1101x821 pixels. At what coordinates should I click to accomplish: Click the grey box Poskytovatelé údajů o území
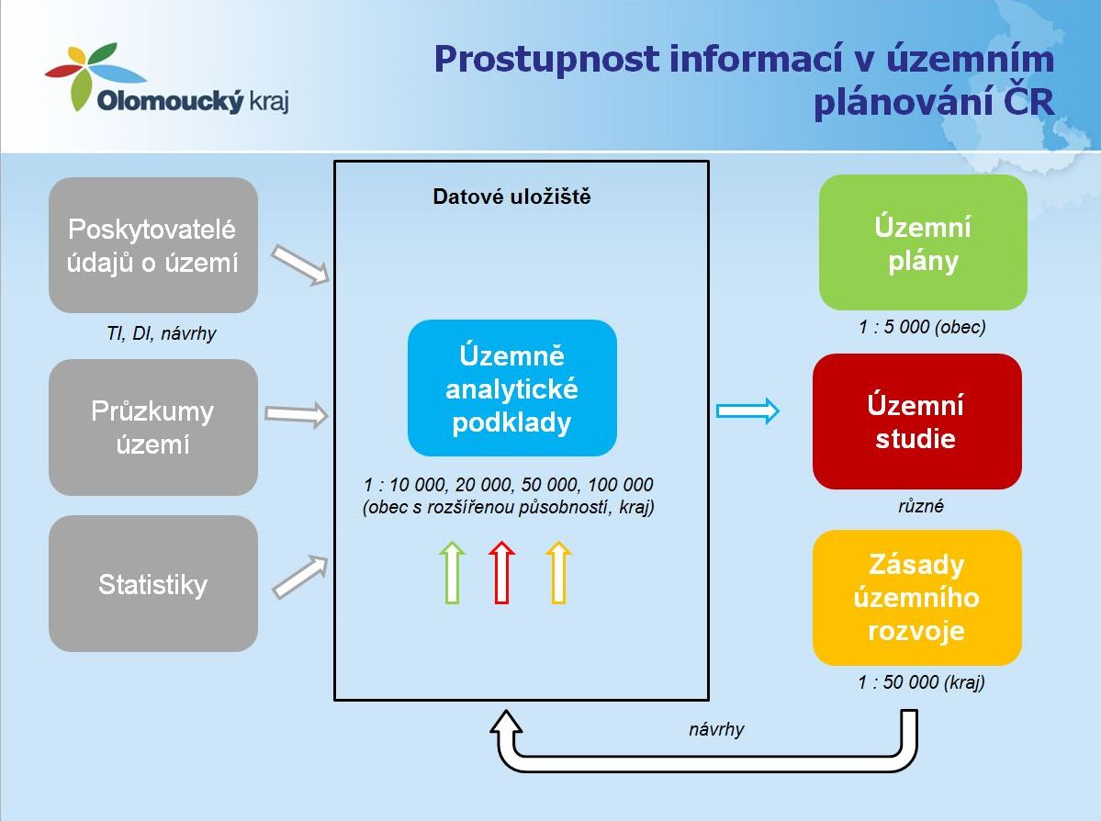[x=153, y=245]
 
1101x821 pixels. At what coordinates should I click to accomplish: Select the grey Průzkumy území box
[x=153, y=427]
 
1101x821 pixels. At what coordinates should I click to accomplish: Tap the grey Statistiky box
[x=153, y=584]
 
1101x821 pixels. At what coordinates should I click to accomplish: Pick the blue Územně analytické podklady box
[x=511, y=388]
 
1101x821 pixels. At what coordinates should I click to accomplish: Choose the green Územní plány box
[x=923, y=243]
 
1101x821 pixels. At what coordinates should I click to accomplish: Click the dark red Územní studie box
[x=916, y=422]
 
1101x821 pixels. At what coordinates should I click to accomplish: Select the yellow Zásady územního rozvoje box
[x=916, y=598]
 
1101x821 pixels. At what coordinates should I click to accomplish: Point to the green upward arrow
[x=452, y=572]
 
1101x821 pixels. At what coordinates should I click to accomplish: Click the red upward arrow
[x=501, y=572]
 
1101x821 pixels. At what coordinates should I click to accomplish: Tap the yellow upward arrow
[x=558, y=572]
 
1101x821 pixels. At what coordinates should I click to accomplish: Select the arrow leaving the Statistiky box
[x=300, y=577]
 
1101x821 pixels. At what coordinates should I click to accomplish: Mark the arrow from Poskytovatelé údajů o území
[x=300, y=264]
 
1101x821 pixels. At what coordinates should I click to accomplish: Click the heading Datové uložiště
[x=511, y=197]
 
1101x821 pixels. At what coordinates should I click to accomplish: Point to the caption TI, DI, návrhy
[x=161, y=333]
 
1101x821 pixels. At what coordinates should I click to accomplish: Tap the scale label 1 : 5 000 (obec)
[x=922, y=327]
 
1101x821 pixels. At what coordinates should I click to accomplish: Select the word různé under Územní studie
[x=920, y=506]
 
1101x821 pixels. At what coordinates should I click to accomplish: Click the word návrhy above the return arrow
[x=716, y=730]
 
